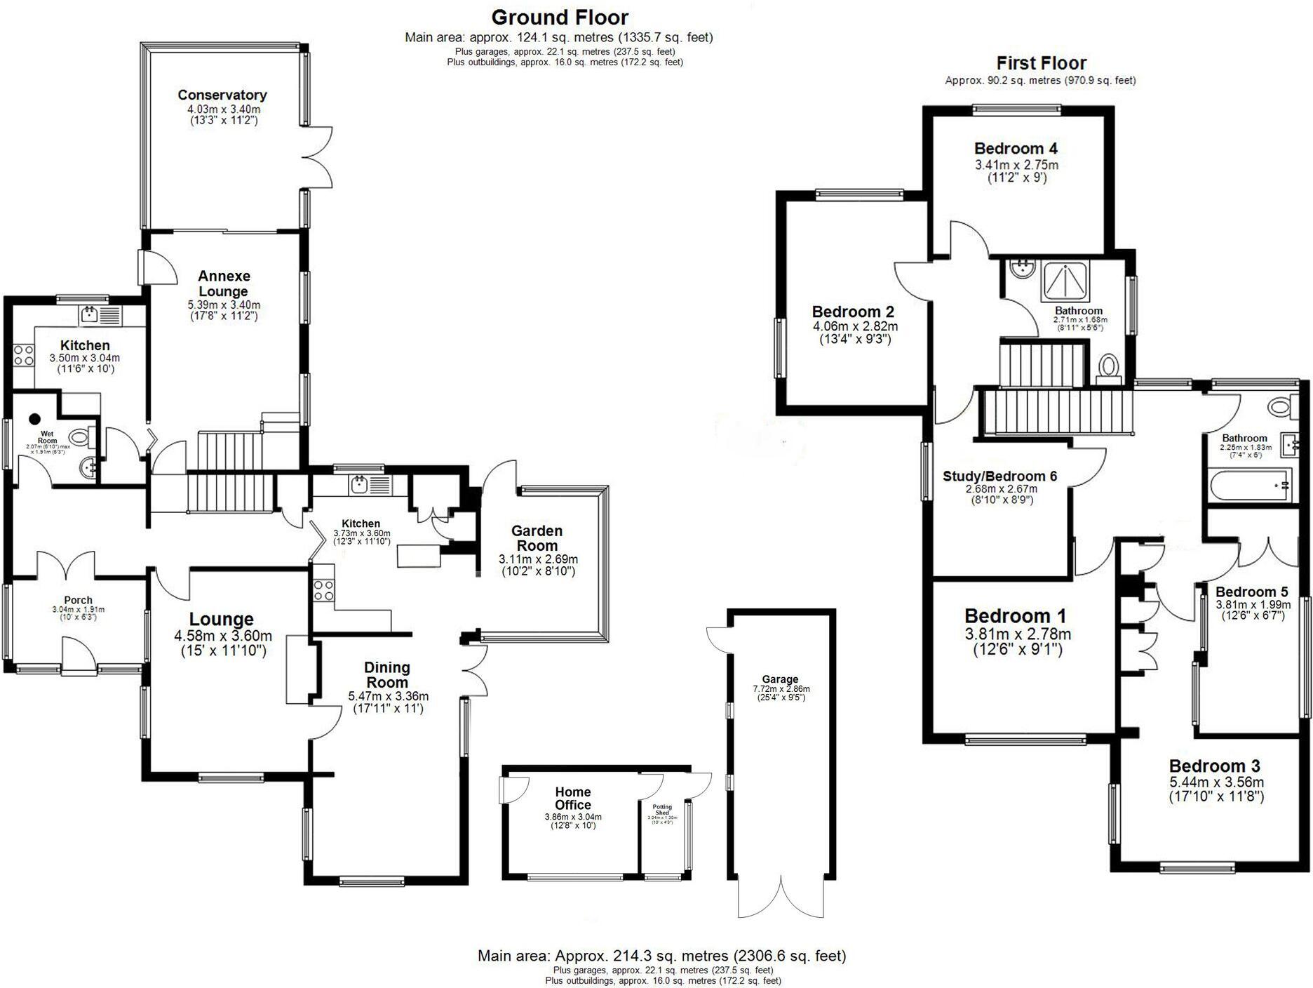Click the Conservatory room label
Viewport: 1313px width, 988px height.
click(x=222, y=95)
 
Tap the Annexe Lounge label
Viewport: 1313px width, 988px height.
click(x=223, y=283)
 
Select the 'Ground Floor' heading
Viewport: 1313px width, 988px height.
click(x=559, y=17)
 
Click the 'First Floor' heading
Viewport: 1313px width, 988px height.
click(x=1041, y=63)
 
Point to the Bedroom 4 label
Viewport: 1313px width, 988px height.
click(x=1016, y=148)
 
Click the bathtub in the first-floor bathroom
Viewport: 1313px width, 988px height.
click(x=1249, y=486)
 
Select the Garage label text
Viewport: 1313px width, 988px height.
click(x=780, y=679)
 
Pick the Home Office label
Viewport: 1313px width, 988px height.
click(x=572, y=799)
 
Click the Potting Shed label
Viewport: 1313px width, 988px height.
click(x=661, y=810)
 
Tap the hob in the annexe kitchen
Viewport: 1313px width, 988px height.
click(x=23, y=355)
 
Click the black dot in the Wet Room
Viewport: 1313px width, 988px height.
click(x=34, y=419)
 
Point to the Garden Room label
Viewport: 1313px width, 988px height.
click(x=537, y=538)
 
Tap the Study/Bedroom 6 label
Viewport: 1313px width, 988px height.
click(x=999, y=476)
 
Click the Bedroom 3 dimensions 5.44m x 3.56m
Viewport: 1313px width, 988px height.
click(x=1216, y=782)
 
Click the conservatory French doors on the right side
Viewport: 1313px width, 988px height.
click(x=319, y=157)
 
